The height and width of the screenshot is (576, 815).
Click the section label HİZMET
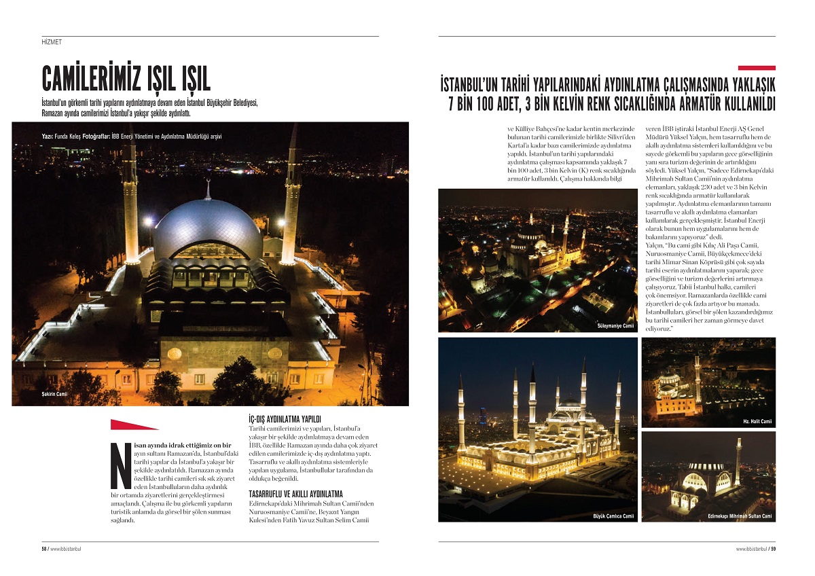(x=52, y=42)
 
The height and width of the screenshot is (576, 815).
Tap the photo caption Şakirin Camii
(x=54, y=394)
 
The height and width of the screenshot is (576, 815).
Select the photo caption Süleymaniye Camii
(x=615, y=326)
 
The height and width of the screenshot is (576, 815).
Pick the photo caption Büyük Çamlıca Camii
(x=613, y=516)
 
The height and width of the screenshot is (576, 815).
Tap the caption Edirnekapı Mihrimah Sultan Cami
(x=740, y=516)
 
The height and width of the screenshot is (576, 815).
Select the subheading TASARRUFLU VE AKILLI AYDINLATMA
(x=296, y=493)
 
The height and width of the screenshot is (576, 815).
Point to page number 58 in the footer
(x=44, y=549)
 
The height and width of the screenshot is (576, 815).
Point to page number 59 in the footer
(x=773, y=549)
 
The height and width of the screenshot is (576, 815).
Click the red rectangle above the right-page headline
(x=757, y=68)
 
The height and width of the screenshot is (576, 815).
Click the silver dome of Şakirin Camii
(x=207, y=224)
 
